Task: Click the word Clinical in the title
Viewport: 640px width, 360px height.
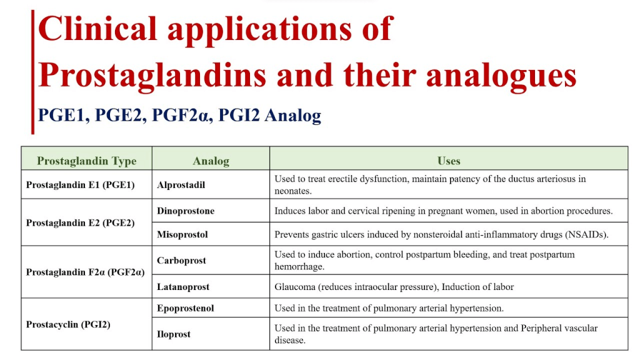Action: [x=97, y=29]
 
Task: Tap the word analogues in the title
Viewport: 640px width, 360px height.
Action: [x=501, y=76]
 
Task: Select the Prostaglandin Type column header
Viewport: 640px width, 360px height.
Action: [x=86, y=161]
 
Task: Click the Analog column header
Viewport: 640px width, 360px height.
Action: [x=211, y=161]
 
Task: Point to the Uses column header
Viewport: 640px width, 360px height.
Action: [x=449, y=161]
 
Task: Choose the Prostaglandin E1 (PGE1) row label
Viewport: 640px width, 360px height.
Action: [x=81, y=185]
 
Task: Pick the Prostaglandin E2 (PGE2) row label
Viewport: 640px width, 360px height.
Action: [x=81, y=223]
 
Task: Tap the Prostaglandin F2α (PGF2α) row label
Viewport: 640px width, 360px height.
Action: [x=85, y=272]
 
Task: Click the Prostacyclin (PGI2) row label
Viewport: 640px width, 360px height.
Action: [x=68, y=324]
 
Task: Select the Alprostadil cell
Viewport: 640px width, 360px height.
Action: [x=181, y=185]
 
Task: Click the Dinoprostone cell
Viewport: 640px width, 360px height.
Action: [x=186, y=211]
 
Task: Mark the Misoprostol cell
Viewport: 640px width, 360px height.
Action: [x=182, y=235]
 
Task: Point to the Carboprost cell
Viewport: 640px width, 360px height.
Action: [x=182, y=261]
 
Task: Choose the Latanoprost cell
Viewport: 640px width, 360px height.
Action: [x=183, y=287]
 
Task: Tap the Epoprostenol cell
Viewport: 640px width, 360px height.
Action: [x=185, y=308]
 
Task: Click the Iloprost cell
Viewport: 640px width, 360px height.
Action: [x=174, y=334]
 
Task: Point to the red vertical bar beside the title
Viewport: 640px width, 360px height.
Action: [x=32, y=72]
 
